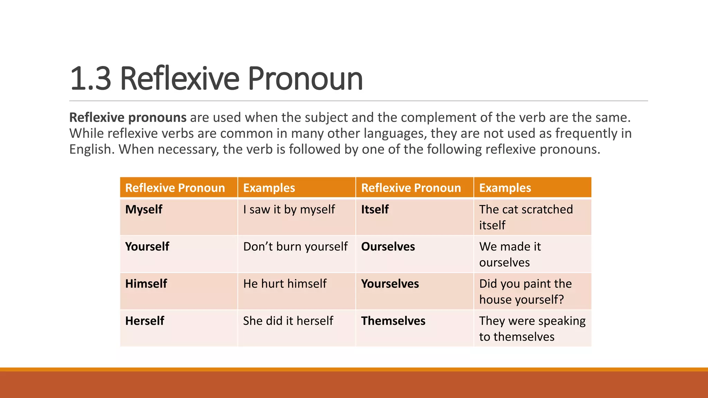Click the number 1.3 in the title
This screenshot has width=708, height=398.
90,79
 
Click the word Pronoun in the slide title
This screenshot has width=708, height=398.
305,79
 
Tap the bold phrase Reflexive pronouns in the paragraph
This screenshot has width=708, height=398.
128,117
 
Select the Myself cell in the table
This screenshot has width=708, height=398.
144,209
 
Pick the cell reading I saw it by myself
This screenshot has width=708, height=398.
289,209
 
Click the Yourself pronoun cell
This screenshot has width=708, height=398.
147,247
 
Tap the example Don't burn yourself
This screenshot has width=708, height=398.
295,247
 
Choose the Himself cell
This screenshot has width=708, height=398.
146,284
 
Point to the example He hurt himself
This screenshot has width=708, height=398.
285,284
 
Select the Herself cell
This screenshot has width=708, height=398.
145,321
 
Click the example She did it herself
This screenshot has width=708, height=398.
288,321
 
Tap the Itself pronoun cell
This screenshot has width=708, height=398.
375,209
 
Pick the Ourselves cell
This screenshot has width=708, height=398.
388,247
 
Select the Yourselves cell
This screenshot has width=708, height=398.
390,284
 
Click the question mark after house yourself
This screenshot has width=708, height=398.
561,300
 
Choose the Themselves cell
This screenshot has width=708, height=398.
393,321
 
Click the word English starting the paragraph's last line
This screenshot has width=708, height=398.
91,150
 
